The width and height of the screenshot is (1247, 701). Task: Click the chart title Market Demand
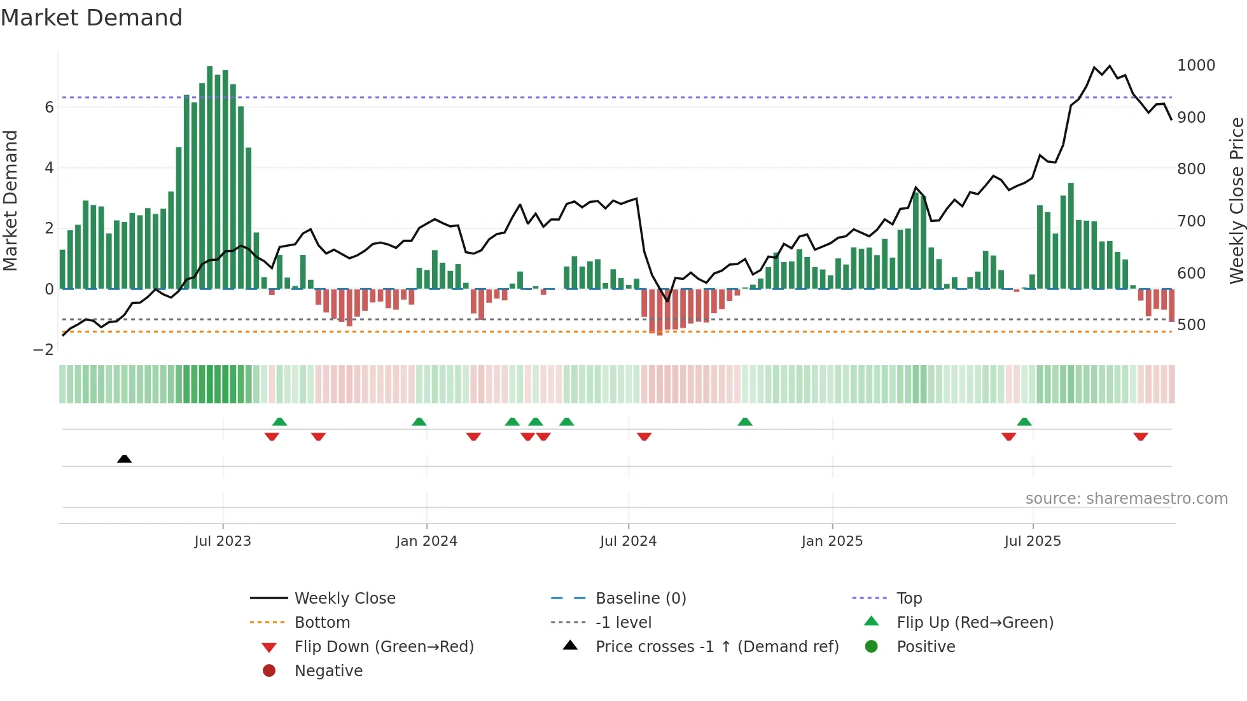92,18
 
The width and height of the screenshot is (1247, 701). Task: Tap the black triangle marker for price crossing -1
125,459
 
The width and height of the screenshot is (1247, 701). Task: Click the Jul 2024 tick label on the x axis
628,541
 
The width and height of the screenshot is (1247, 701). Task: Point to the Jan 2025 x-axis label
832,541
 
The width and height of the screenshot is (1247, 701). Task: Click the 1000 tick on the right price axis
1195,66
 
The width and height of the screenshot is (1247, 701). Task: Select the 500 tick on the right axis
1191,325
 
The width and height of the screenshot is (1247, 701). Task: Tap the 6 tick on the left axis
49,108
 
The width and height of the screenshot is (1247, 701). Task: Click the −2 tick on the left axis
44,350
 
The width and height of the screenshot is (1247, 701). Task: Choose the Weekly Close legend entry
344,599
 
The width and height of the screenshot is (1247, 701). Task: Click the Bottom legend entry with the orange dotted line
322,623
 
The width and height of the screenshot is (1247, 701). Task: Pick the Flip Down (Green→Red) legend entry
384,647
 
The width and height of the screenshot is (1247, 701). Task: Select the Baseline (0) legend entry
640,599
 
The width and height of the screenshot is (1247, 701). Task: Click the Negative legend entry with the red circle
328,671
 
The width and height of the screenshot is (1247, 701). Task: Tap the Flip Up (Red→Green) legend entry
975,623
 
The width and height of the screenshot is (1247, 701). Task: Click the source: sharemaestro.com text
1126,499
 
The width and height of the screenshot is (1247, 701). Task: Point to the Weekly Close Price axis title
1236,200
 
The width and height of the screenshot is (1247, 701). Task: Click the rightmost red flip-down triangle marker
1140,436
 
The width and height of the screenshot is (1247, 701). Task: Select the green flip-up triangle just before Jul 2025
1024,422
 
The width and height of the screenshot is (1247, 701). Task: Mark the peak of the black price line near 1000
1110,66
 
